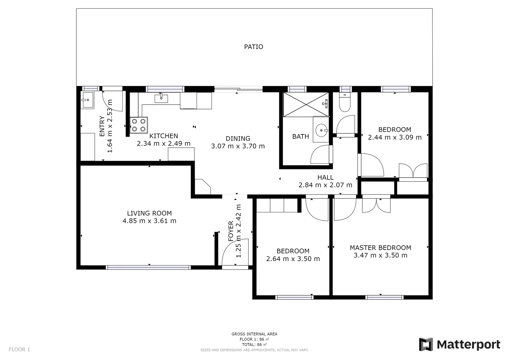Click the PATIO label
(253, 47)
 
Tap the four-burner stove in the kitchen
(139, 125)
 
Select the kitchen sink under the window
(161, 98)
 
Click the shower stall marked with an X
(306, 105)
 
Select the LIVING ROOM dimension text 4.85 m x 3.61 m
(149, 221)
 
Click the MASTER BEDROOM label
(380, 248)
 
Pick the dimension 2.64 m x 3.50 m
(293, 259)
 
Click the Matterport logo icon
(426, 344)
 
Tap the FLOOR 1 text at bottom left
(19, 350)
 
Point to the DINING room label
(238, 139)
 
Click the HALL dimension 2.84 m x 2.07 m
(325, 185)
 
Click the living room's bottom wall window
(148, 267)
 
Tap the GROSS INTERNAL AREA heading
(254, 334)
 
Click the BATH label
(300, 136)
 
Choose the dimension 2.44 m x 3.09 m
(395, 137)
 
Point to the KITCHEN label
(163, 136)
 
